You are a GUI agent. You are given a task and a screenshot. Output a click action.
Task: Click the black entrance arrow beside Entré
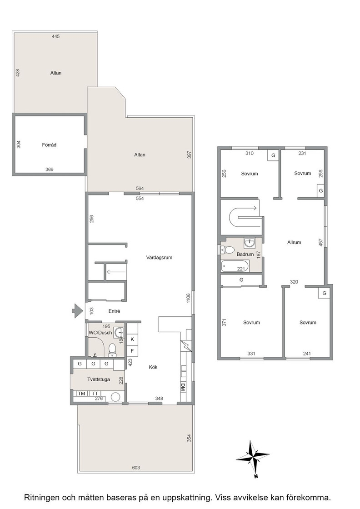coord(77,311)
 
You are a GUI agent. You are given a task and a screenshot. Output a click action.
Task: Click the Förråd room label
coord(50,145)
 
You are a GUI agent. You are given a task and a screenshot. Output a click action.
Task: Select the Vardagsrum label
coord(159,258)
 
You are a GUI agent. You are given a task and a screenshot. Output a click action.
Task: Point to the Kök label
coord(153,367)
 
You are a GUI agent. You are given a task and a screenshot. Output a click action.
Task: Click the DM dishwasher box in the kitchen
coord(183,387)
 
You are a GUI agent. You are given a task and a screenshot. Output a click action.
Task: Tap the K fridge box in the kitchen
coord(132,339)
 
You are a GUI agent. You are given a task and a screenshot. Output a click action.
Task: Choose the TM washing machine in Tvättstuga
coord(81,394)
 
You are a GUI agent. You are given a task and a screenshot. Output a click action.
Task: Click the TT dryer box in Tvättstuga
coord(95,394)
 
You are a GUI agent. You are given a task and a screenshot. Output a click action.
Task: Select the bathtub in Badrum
coord(235,266)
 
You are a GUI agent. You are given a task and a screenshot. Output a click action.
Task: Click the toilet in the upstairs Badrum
coord(228,250)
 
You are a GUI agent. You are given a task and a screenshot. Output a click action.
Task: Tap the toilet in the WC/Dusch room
coord(112,350)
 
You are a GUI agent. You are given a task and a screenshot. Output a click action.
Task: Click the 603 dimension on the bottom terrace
coord(136,468)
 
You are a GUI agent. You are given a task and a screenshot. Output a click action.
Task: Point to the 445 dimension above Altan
coord(56,37)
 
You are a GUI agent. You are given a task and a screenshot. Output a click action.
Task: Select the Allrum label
coord(294,242)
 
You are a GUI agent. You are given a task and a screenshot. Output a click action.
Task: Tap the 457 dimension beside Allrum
coord(321,242)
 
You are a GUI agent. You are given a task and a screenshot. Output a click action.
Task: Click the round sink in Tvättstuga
coord(115,397)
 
